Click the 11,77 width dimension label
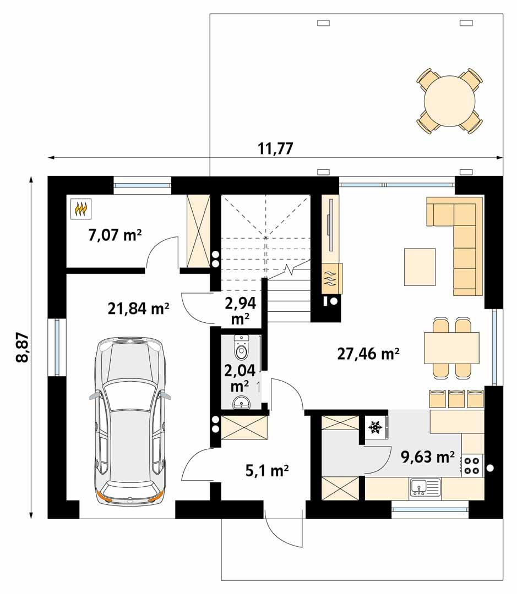click(x=275, y=148)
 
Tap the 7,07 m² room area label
click(x=115, y=235)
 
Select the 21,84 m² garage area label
click(x=138, y=309)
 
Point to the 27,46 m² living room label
click(x=368, y=353)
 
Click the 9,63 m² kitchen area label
click(x=428, y=457)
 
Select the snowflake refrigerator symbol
click(x=375, y=427)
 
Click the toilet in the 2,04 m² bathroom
click(x=241, y=348)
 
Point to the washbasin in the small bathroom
click(x=242, y=403)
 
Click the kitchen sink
click(x=425, y=487)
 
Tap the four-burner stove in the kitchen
click(x=472, y=465)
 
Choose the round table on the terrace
click(x=449, y=101)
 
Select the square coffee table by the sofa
click(x=420, y=267)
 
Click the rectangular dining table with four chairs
click(x=451, y=348)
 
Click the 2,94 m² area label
click(x=240, y=310)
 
